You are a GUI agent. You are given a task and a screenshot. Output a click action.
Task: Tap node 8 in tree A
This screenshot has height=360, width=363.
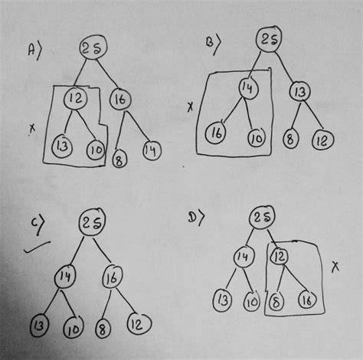(x=118, y=159)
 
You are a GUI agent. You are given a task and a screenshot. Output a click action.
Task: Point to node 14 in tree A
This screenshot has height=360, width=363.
(x=152, y=150)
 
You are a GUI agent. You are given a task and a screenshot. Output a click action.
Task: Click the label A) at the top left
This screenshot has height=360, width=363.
(x=34, y=51)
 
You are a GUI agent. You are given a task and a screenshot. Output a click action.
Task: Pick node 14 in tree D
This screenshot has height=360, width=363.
(x=243, y=255)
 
